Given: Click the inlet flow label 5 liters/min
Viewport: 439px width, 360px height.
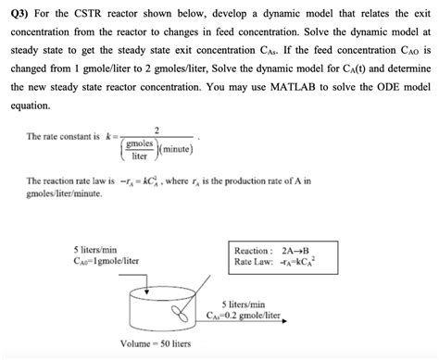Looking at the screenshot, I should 94,249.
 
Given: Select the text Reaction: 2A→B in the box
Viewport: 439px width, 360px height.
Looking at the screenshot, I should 271,251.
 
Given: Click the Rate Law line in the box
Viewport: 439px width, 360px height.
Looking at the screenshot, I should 275,263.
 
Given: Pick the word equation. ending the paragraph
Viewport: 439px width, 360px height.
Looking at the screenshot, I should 30,104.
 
